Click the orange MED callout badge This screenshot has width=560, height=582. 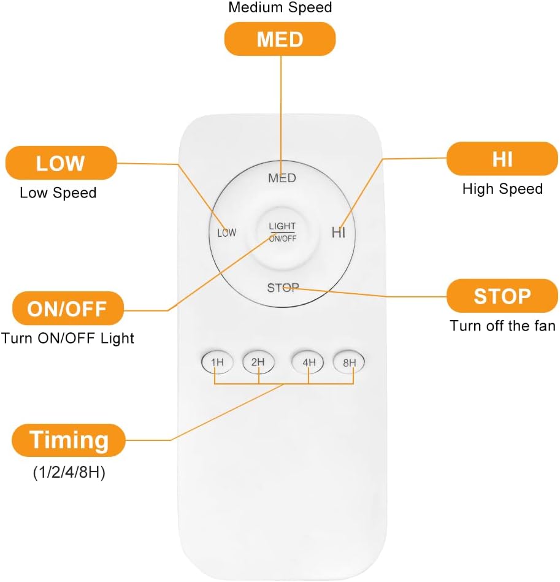pyautogui.click(x=280, y=39)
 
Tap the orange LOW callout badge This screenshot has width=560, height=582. pyautogui.click(x=61, y=163)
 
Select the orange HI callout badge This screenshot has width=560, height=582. pyautogui.click(x=502, y=159)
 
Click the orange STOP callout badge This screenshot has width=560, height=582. pyautogui.click(x=502, y=296)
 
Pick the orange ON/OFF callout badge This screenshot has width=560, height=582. pyautogui.click(x=68, y=308)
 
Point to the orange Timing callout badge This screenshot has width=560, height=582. pyautogui.click(x=69, y=440)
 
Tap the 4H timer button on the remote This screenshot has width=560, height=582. pyautogui.click(x=308, y=362)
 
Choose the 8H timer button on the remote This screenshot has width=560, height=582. pyautogui.click(x=349, y=362)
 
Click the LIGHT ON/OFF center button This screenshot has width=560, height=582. pyautogui.click(x=282, y=232)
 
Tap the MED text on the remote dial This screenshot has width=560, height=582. pyautogui.click(x=282, y=178)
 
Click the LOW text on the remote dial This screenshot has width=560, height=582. pyautogui.click(x=227, y=232)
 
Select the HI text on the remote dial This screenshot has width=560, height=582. pyautogui.click(x=339, y=232)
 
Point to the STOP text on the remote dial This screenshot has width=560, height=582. pyautogui.click(x=283, y=288)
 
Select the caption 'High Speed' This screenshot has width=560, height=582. pyautogui.click(x=502, y=189)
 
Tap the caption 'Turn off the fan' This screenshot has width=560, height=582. pyautogui.click(x=502, y=326)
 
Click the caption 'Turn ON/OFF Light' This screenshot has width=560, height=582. pyautogui.click(x=67, y=339)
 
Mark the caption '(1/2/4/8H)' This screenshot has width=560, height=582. pyautogui.click(x=69, y=472)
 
